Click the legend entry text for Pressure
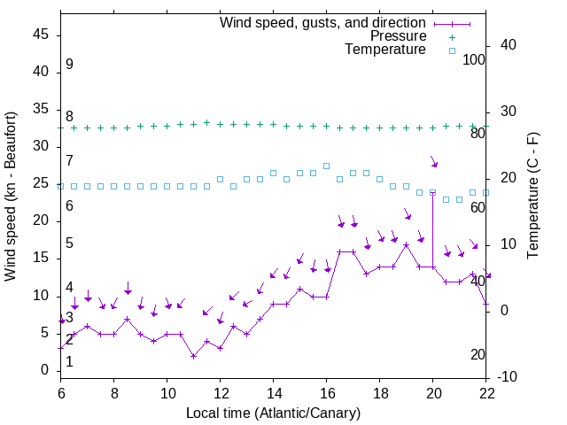(x=399, y=36)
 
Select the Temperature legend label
(x=385, y=50)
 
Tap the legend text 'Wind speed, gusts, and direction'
(x=323, y=22)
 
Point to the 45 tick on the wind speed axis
(x=43, y=35)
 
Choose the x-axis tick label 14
(x=274, y=392)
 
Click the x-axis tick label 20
(x=433, y=392)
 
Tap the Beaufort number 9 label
(x=69, y=65)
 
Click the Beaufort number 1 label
(x=69, y=361)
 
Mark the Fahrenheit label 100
(x=475, y=60)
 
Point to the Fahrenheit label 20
(x=478, y=355)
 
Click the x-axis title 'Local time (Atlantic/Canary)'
(x=274, y=413)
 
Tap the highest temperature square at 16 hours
(x=327, y=166)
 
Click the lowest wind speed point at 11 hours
(x=194, y=356)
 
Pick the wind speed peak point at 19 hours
(x=407, y=244)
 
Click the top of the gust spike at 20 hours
(x=433, y=191)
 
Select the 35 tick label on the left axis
(x=43, y=110)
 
